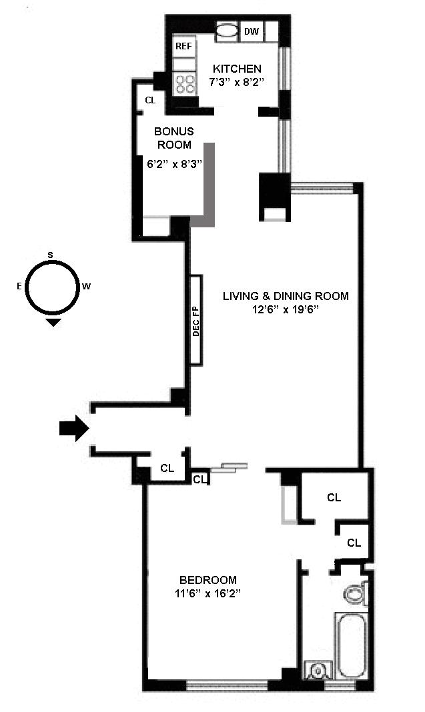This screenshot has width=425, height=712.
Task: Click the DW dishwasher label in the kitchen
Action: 252,31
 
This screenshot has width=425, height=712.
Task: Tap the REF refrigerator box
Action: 183,46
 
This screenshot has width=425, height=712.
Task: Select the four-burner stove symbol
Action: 185,83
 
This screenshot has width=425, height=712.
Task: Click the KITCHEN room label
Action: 237,69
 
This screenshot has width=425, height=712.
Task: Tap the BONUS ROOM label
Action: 174,138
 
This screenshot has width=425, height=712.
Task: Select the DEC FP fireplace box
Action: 196,320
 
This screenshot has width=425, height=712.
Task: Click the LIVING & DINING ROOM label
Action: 286,296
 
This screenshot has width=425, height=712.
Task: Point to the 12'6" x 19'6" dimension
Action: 286,310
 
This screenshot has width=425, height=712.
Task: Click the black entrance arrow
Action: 73,429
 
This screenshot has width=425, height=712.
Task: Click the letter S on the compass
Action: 51,255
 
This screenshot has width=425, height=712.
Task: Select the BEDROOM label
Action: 207,580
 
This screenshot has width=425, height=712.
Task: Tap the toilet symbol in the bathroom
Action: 354,593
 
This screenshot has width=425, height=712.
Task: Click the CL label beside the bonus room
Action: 150,101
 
